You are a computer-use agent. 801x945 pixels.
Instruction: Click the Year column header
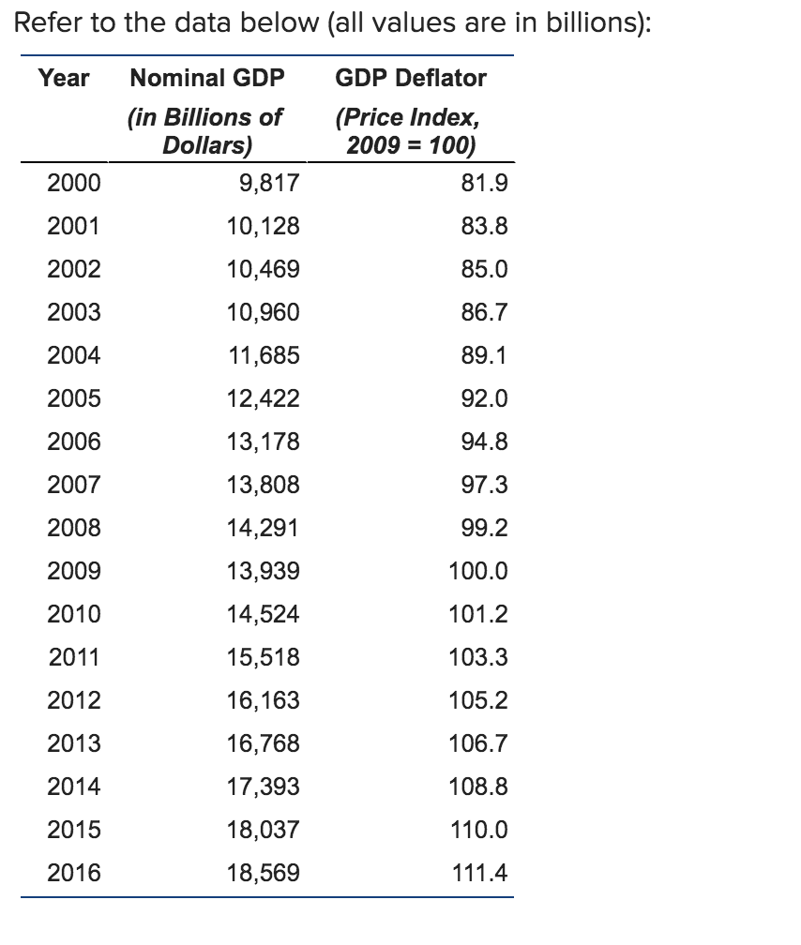(x=64, y=78)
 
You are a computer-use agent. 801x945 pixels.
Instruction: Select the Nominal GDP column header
(x=206, y=78)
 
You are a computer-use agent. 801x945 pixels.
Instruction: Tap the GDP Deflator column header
(x=411, y=78)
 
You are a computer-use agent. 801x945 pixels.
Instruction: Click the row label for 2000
(x=74, y=184)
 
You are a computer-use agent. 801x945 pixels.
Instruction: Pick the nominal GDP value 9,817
(x=270, y=184)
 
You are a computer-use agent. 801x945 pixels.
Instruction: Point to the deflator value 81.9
(x=486, y=184)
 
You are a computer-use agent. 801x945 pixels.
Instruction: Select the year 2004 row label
(x=74, y=356)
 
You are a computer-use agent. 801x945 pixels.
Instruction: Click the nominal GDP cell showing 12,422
(x=264, y=399)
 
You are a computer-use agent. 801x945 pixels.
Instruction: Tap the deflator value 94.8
(x=486, y=442)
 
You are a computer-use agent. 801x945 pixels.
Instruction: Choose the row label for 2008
(x=74, y=529)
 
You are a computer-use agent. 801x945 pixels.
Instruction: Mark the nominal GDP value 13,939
(x=264, y=572)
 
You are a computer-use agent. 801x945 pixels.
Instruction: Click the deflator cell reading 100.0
(x=480, y=572)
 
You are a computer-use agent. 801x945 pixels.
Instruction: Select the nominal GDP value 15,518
(x=264, y=658)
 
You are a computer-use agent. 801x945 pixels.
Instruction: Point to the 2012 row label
(x=74, y=701)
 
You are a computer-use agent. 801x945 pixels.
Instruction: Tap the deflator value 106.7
(x=480, y=744)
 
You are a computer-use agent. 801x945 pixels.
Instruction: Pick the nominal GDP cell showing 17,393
(x=264, y=787)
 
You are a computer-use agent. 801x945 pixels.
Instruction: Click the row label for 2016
(x=74, y=874)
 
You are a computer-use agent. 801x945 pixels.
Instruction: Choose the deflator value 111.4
(x=480, y=874)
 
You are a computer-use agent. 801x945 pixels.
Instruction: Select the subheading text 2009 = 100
(x=409, y=145)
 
